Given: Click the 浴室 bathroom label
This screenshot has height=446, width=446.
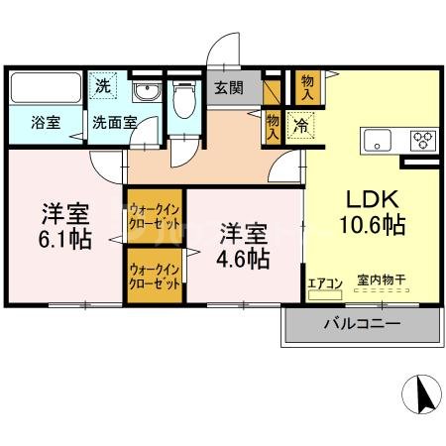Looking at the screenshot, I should [x=45, y=124].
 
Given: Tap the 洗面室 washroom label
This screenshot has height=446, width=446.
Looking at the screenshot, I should [x=114, y=124].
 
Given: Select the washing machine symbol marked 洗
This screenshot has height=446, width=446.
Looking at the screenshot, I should [x=103, y=86].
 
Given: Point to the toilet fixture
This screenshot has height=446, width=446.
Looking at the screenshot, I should [x=183, y=100].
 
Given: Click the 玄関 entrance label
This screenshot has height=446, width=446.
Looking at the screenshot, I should [x=229, y=88].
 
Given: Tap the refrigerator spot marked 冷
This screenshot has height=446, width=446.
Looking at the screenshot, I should [x=297, y=126].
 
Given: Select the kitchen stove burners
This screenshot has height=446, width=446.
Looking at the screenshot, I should [x=423, y=140].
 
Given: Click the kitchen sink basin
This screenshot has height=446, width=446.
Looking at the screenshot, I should [x=379, y=140].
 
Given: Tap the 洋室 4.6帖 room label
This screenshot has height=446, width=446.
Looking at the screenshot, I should [x=243, y=246].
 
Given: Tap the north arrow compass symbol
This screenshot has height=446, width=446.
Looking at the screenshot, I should [x=420, y=395].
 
